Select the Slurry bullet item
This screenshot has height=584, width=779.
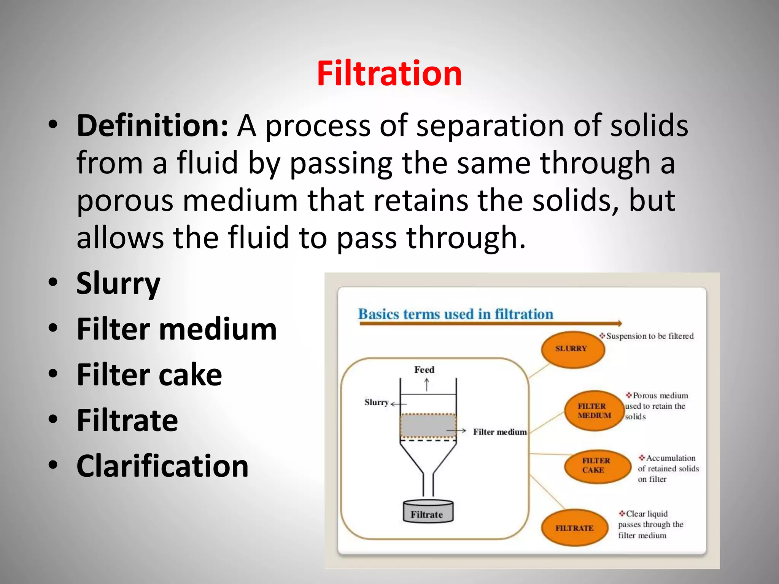(118, 284)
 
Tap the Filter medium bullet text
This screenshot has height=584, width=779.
(176, 329)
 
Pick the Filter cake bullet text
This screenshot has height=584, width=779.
(149, 375)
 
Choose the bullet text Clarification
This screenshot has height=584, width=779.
(162, 466)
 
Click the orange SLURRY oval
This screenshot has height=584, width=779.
(572, 349)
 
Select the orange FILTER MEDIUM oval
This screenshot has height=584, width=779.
(594, 411)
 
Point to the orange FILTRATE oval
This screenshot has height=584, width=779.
(574, 528)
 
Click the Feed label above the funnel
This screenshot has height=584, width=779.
(424, 370)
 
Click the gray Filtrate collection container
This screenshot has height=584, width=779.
(428, 512)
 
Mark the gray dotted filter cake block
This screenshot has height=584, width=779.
(428, 426)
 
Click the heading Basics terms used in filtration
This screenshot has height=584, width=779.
(456, 314)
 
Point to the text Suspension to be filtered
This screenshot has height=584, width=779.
(650, 336)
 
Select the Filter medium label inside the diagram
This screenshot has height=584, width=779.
(500, 432)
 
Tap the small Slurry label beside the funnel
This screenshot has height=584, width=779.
(376, 402)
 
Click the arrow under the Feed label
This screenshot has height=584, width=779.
(427, 385)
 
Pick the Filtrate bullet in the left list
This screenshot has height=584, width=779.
(127, 421)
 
